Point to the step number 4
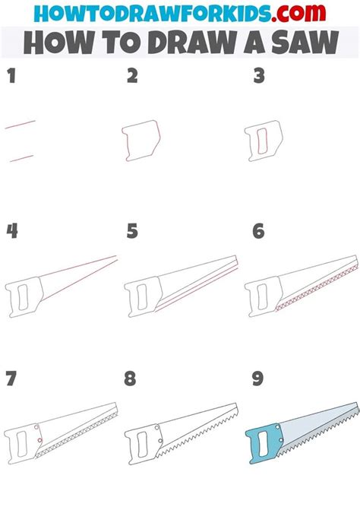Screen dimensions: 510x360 (x=11, y=231)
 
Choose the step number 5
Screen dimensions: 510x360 (x=132, y=231)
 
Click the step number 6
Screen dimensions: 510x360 (x=258, y=231)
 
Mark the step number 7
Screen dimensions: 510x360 (x=11, y=378)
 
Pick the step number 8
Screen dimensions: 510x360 (x=132, y=378)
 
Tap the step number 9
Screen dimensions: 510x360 (x=258, y=378)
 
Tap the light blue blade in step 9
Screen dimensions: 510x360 (x=311, y=426)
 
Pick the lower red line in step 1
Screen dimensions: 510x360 (x=21, y=158)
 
